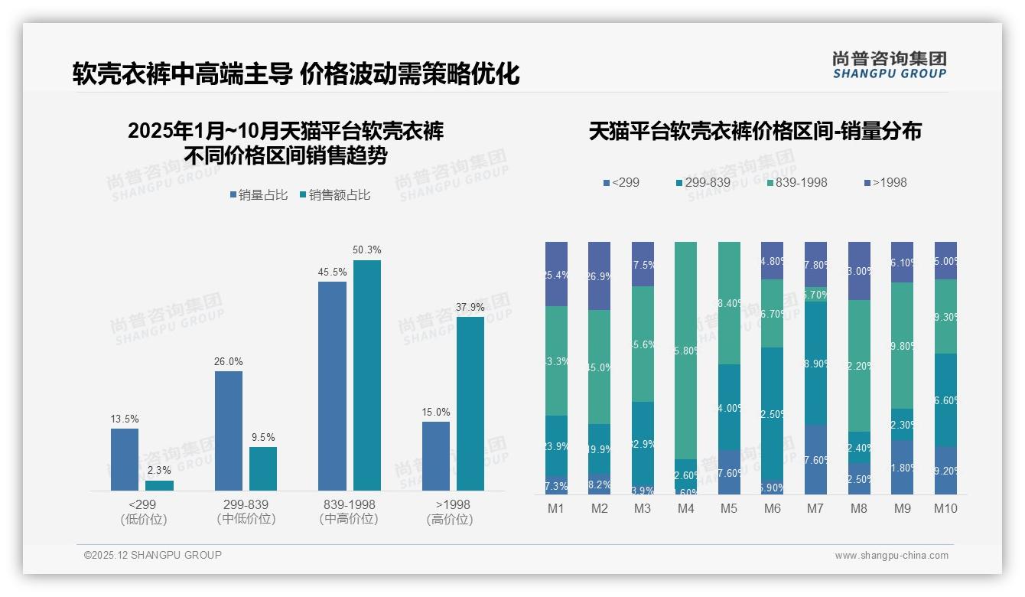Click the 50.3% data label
[x=366, y=250]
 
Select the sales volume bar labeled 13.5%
[x=125, y=459]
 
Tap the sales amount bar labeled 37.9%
[x=470, y=403]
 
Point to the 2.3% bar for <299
[x=159, y=485]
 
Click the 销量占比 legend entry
[x=259, y=195]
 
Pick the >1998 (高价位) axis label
[x=453, y=511]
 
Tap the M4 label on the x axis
[x=685, y=508]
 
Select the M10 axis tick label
[x=945, y=508]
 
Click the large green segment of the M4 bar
[x=685, y=351]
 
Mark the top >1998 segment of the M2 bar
[x=599, y=276]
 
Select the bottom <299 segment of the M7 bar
[x=815, y=459]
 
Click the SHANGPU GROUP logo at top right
[x=889, y=65]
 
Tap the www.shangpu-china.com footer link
[x=891, y=556]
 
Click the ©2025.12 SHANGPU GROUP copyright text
[x=153, y=555]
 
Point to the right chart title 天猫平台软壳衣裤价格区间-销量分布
[x=755, y=131]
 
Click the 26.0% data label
[x=229, y=361]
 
